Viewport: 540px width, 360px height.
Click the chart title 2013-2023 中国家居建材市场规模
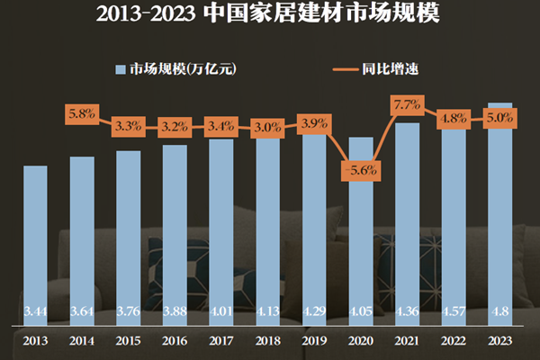270,15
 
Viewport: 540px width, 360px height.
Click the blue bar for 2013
36,243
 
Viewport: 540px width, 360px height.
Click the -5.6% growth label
360,169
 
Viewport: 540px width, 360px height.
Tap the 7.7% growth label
407,106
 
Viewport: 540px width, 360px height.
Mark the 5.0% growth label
499,118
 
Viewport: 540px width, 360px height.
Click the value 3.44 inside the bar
36,312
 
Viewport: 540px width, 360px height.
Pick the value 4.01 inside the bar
221,312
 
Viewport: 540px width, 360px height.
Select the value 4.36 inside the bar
407,312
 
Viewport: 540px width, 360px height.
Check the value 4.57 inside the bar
454,312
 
